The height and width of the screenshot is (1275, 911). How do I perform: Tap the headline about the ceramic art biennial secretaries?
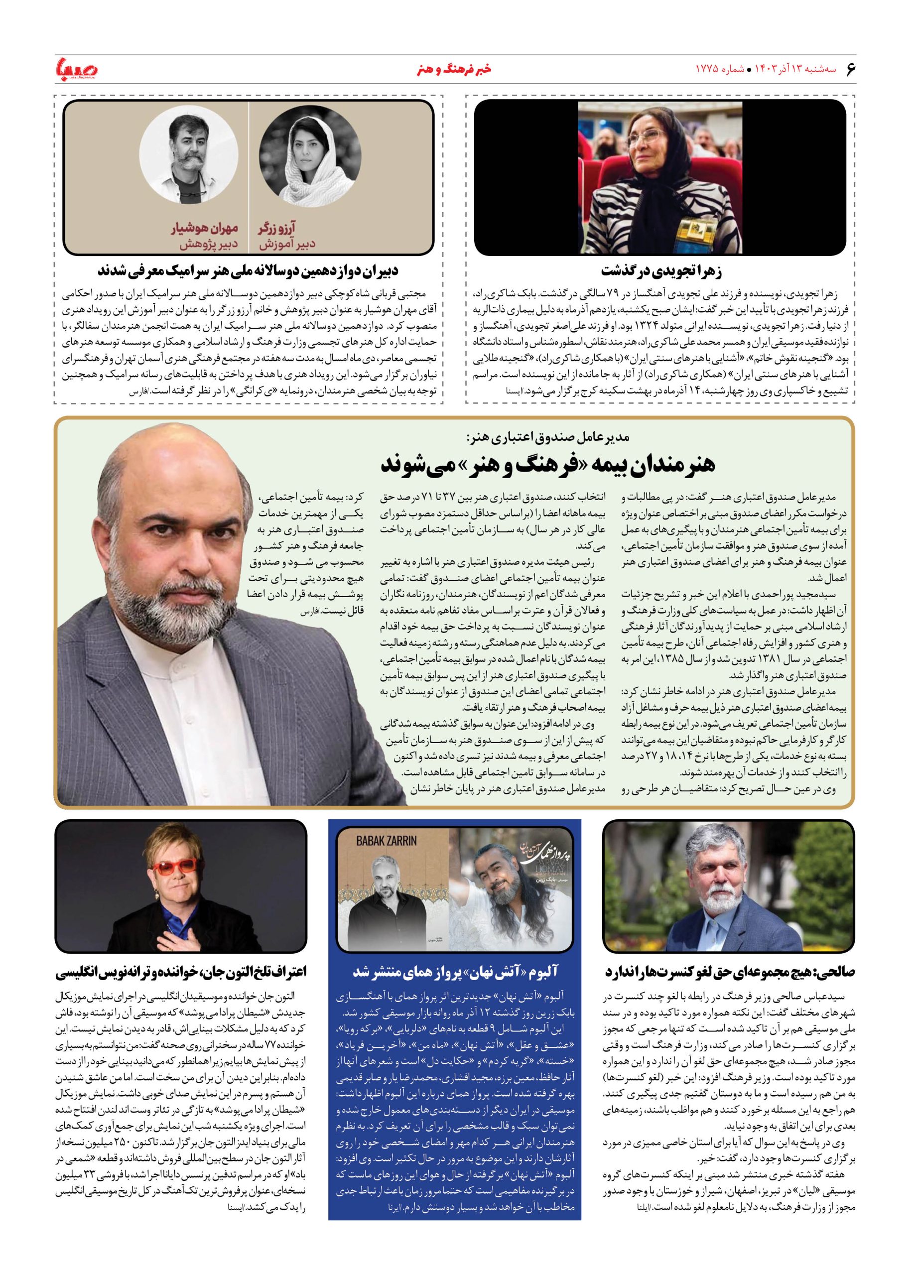248,271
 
